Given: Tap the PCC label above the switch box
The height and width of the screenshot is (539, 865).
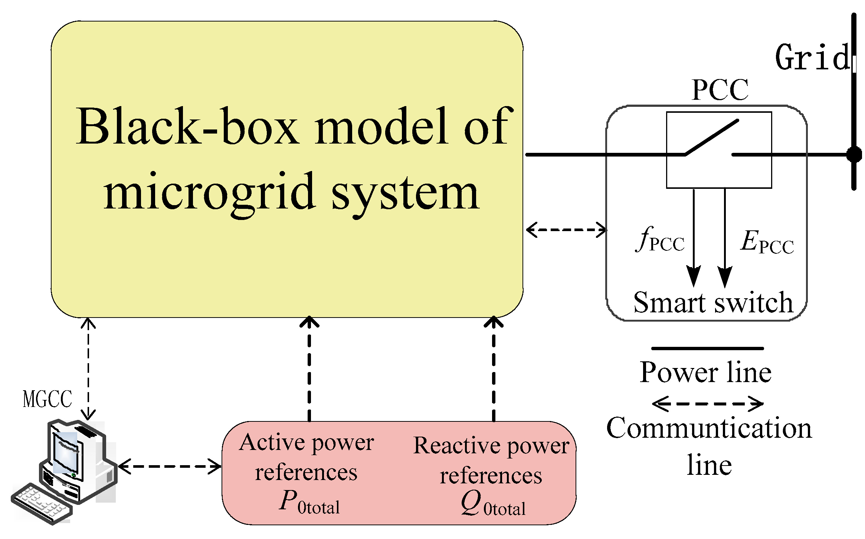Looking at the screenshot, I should pyautogui.click(x=720, y=90).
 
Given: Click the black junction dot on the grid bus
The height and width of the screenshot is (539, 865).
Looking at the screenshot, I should pyautogui.click(x=853, y=154).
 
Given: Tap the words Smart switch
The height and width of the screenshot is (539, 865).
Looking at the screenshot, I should pyautogui.click(x=713, y=303).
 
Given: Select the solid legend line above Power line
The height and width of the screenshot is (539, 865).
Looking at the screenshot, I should pyautogui.click(x=707, y=348).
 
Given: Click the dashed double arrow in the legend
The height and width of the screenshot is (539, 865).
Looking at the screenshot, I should pyautogui.click(x=707, y=404).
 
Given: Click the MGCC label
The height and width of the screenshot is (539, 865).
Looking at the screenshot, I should pyautogui.click(x=47, y=400).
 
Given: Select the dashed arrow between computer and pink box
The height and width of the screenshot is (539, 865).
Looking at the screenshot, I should pyautogui.click(x=170, y=466).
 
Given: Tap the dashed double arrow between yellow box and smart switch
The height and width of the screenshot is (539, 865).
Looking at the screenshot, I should pyautogui.click(x=566, y=230).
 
